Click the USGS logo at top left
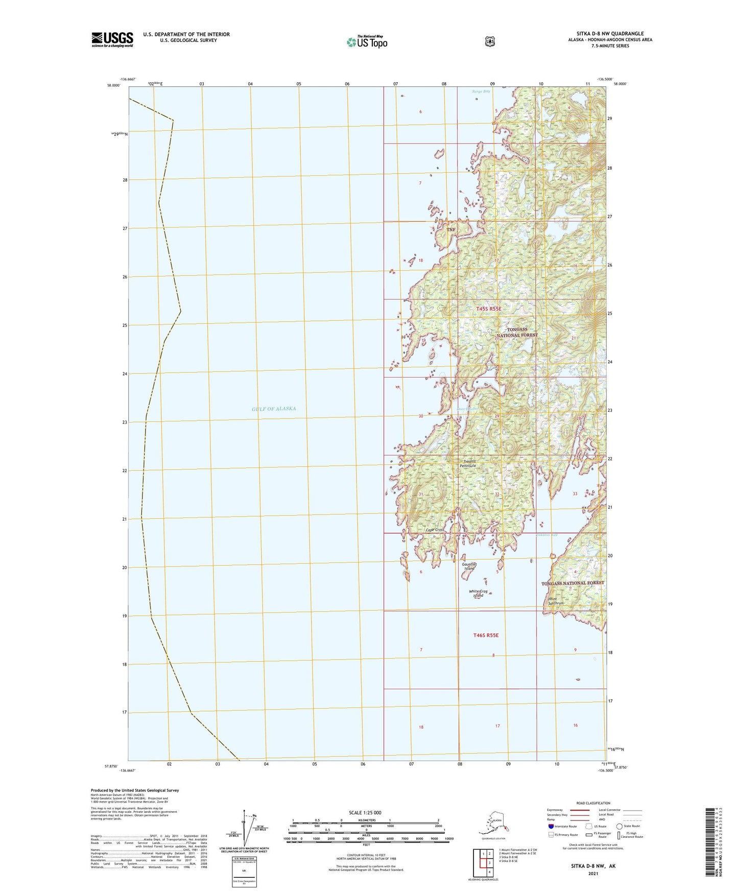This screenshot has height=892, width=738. tap(112, 39)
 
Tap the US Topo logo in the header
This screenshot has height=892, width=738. tap(367, 42)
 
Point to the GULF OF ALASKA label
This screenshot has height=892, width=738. tap(274, 409)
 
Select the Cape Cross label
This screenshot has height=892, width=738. tap(435, 530)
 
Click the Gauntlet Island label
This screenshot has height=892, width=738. tap(469, 567)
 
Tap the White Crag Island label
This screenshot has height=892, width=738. tap(479, 593)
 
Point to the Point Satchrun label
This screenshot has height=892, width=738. tap(555, 601)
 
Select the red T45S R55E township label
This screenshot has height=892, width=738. tap(489, 309)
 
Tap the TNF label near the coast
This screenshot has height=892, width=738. tap(451, 230)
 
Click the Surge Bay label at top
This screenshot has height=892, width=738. tap(480, 91)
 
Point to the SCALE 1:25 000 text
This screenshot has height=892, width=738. tap(365, 812)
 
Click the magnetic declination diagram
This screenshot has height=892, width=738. tap(246, 830)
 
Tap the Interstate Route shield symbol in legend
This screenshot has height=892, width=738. tap(551, 826)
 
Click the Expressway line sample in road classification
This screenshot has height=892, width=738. tap(580, 810)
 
